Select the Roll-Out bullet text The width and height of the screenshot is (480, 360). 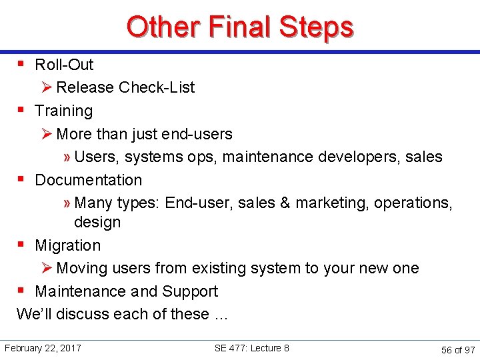64,65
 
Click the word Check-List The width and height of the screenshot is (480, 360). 157,87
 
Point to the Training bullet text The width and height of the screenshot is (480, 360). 63,111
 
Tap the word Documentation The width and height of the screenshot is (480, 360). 88,180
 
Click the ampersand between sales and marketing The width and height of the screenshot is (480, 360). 285,203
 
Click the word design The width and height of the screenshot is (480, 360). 97,222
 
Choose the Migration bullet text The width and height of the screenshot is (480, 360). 67,245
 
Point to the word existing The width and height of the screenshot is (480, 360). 218,268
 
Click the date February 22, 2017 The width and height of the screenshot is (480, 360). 43,348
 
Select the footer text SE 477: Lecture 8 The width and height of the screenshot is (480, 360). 251,348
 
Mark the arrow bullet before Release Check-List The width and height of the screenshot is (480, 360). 46,87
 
